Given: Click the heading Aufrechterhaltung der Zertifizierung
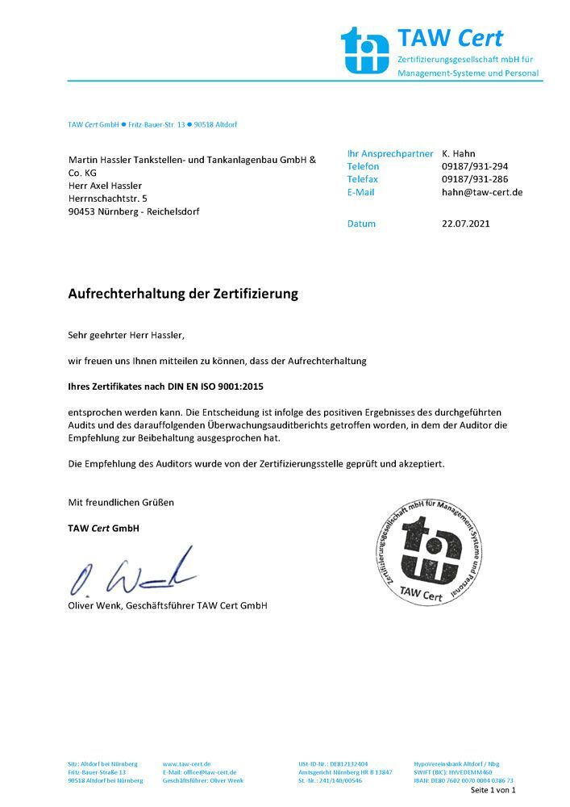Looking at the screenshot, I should (183, 294).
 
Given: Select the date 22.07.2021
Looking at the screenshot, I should (466, 224).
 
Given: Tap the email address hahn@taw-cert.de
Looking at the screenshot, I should (482, 192).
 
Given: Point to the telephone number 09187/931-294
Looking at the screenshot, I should (475, 166).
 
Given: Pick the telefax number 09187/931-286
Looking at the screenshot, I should (475, 179).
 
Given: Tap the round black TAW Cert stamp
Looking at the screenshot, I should (431, 549).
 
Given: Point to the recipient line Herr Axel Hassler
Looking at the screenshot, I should (105, 186).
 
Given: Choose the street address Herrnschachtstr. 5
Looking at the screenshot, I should (108, 199).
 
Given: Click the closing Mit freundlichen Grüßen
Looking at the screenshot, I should (121, 502).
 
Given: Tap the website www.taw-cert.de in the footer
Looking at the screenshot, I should (186, 763).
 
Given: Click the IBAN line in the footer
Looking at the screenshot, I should (463, 780).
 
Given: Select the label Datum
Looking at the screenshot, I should (361, 224).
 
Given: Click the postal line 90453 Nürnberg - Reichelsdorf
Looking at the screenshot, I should (133, 211).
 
